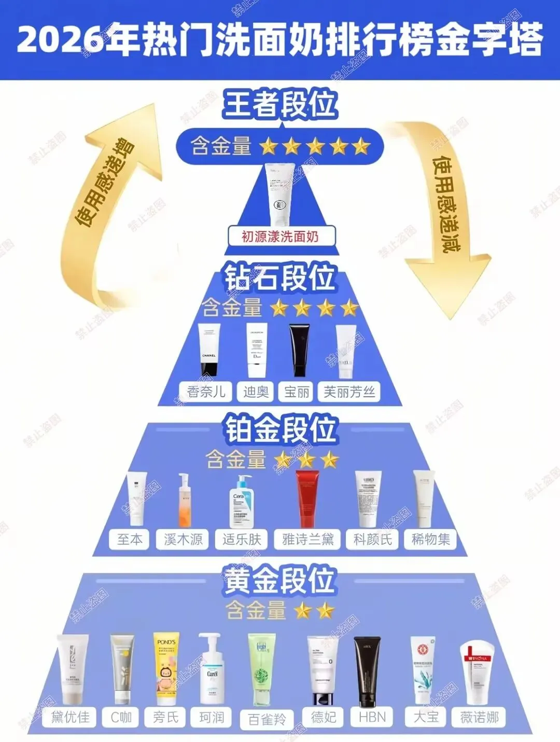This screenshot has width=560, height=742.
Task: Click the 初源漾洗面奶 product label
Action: [x=280, y=236]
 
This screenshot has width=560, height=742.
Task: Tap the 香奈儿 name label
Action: [x=206, y=391]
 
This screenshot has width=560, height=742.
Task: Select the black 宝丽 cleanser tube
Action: [x=299, y=350]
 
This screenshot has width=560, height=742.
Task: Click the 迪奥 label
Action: [x=256, y=391]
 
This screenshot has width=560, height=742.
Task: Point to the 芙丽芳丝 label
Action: [x=349, y=391]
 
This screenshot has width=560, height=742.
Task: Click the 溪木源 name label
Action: [x=183, y=539]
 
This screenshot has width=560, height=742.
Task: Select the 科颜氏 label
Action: [x=372, y=539]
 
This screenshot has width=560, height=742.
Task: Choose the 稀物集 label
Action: [x=430, y=539]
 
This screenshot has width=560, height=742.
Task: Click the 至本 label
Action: [x=130, y=539]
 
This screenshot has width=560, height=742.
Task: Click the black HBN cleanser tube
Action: [x=367, y=671]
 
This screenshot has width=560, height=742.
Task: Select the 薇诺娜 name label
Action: [x=479, y=717]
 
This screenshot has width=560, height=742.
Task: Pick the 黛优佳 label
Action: [x=71, y=717]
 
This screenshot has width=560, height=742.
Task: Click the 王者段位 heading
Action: [x=280, y=104]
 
